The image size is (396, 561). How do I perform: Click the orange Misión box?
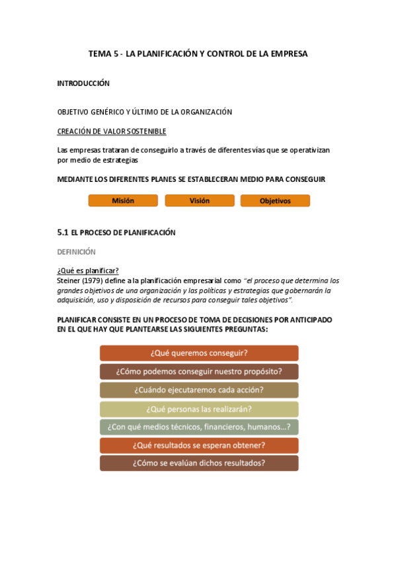click(123, 200)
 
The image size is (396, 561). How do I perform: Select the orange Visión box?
click(199, 200)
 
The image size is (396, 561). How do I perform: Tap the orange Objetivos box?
click(275, 200)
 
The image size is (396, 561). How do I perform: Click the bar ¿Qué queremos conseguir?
click(199, 353)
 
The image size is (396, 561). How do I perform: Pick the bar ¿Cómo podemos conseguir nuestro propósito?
click(199, 371)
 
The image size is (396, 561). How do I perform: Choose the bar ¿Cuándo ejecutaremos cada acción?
click(199, 390)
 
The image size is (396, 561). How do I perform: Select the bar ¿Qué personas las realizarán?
click(199, 408)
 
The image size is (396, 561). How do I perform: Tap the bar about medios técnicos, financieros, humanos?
click(199, 427)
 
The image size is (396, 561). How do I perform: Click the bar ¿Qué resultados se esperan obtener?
click(199, 445)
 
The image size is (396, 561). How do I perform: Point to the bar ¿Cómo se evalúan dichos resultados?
click(199, 463)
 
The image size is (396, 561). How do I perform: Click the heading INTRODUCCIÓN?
click(83, 83)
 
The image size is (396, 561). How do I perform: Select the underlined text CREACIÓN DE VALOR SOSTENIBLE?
click(112, 131)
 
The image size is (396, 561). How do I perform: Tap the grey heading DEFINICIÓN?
click(77, 251)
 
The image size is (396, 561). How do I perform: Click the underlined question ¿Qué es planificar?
click(88, 270)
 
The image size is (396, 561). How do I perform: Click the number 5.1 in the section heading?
click(63, 232)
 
